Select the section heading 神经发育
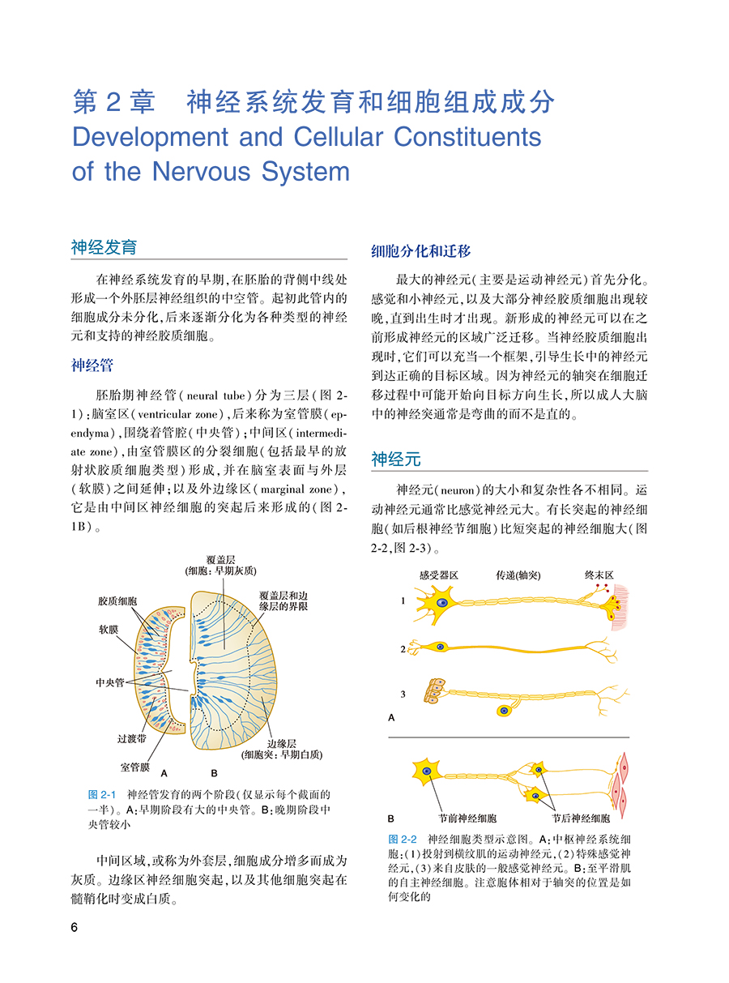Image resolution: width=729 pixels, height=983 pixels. [104, 247]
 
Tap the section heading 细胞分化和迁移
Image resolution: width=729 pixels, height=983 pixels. [420, 250]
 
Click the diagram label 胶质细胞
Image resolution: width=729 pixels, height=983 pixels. [117, 600]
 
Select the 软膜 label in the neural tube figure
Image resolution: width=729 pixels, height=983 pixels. [108, 628]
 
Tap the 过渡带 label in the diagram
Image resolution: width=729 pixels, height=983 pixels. [131, 739]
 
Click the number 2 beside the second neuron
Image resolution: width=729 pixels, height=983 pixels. [403, 649]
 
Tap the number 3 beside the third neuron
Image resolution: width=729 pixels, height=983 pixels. [403, 694]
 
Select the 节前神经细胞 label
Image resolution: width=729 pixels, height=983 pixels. [467, 818]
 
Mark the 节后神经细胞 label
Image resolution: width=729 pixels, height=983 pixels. [582, 818]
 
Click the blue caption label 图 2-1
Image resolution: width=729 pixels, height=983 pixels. [103, 794]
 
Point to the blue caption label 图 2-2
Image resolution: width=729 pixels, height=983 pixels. [403, 838]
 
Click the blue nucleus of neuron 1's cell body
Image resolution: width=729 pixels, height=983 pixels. [441, 604]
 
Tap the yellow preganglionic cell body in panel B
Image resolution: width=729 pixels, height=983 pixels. [424, 771]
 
